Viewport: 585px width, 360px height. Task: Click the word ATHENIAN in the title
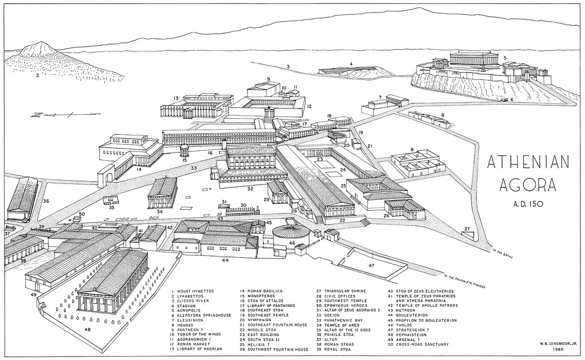pyautogui.click(x=527, y=163)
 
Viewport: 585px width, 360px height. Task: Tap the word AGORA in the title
pyautogui.click(x=527, y=186)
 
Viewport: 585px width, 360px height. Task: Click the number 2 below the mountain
pyautogui.click(x=37, y=75)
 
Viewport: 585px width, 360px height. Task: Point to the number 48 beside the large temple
pyautogui.click(x=87, y=330)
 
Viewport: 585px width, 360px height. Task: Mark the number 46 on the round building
pyautogui.click(x=292, y=243)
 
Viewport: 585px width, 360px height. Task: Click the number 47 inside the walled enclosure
pyautogui.click(x=371, y=266)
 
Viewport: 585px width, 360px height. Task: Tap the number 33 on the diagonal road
pyautogui.click(x=194, y=168)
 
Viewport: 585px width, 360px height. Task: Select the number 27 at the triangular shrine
pyautogui.click(x=468, y=229)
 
